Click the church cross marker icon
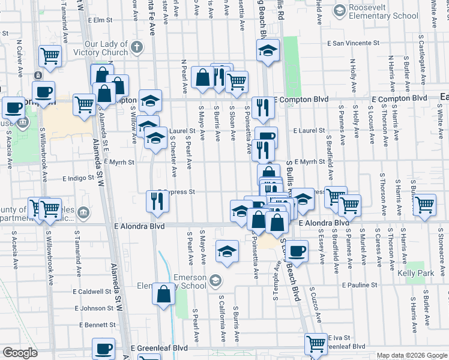point(137,47)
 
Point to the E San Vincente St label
point(354,43)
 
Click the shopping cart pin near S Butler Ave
point(425,205)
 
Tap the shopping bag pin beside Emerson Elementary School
point(164,295)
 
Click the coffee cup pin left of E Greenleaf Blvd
point(104,349)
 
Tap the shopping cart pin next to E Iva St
point(316,344)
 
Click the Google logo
point(20,353)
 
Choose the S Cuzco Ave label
point(316,305)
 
